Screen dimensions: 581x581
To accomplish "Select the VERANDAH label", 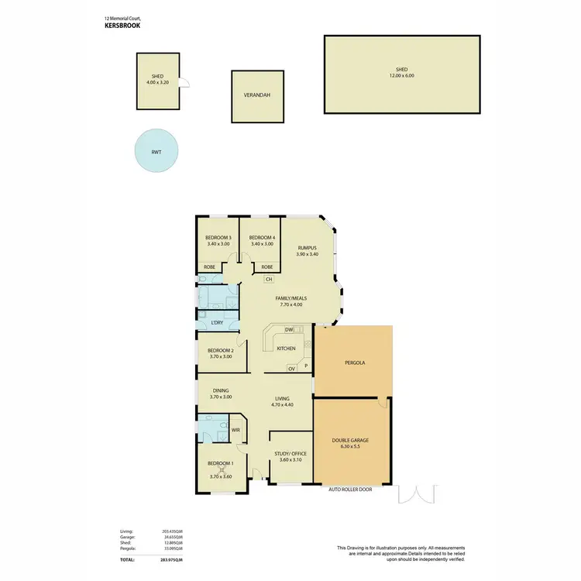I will click(258, 97).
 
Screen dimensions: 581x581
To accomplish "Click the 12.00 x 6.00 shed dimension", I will click(400, 76).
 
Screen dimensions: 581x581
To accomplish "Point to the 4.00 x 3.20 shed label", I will click(158, 83).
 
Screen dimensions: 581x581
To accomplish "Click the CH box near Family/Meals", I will click(269, 279).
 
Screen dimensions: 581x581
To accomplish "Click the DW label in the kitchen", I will click(288, 330).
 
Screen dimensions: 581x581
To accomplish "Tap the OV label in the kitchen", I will click(291, 369).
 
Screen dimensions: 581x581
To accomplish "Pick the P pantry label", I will click(306, 365).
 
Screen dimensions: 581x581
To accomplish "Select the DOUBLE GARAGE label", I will click(351, 440).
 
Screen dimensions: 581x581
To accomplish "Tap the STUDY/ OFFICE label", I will click(290, 454).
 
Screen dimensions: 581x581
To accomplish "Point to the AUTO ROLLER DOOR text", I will click(350, 490).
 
